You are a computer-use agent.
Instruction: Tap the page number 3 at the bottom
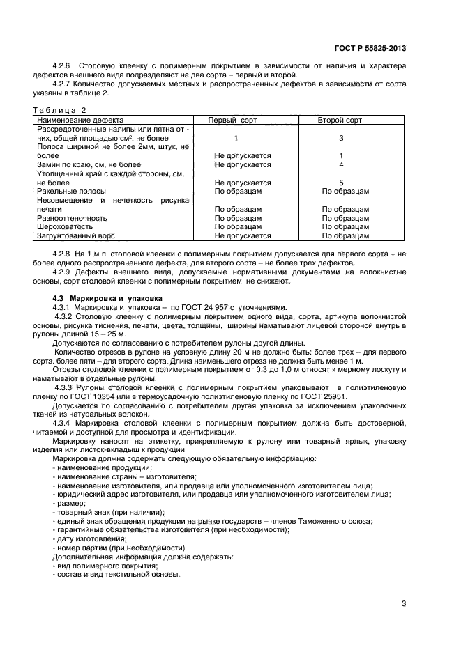point(404,604)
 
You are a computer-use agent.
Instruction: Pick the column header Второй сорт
point(340,121)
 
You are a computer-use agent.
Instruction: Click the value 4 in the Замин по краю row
point(341,164)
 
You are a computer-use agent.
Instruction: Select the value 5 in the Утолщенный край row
point(341,183)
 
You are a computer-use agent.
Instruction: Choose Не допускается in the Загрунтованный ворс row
point(243,236)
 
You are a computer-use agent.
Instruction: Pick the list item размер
point(68,503)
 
